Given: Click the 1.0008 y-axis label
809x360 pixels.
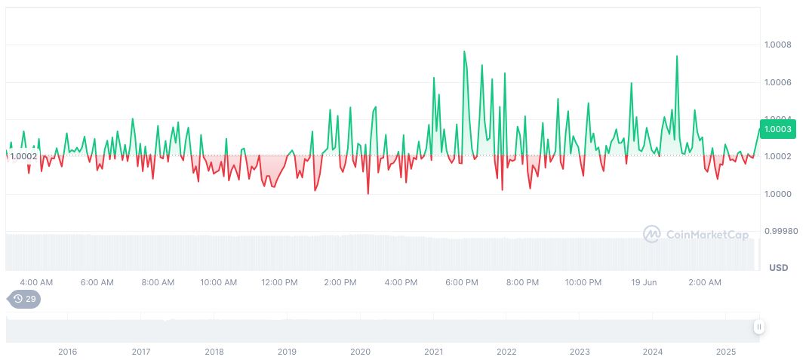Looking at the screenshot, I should click(x=778, y=45).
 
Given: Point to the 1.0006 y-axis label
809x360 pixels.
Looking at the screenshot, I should click(x=778, y=82).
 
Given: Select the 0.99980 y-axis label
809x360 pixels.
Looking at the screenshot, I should click(x=780, y=231).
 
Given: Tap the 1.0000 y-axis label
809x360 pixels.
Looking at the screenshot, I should click(x=778, y=194).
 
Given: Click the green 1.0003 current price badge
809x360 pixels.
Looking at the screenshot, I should click(x=777, y=129).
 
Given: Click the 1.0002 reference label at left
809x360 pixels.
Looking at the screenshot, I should click(x=23, y=156).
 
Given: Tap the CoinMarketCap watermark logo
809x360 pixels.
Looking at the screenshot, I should click(x=696, y=235).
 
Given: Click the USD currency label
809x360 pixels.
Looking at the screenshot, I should click(x=778, y=268).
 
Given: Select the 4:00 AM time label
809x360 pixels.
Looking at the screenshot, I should click(x=36, y=282).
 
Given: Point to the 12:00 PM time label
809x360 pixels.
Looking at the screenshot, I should click(x=279, y=282).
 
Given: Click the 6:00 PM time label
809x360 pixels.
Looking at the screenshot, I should click(x=462, y=282).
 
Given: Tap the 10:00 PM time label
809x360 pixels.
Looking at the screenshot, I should click(x=583, y=282).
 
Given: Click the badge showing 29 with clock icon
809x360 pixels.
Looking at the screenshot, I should click(x=25, y=299).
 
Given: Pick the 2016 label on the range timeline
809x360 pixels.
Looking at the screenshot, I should click(x=68, y=352).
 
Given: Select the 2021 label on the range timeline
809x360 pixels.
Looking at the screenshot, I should click(x=433, y=352).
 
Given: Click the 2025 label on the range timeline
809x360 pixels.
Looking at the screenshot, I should click(x=726, y=352).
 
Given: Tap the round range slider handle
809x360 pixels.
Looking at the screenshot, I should click(x=758, y=327).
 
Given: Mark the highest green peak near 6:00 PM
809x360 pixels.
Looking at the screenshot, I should click(x=464, y=51).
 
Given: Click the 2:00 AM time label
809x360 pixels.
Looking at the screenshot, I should click(x=705, y=282).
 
